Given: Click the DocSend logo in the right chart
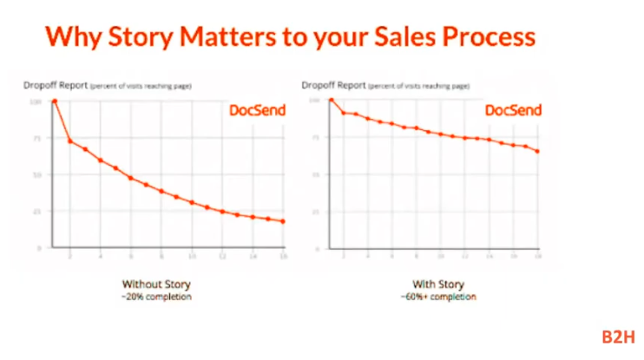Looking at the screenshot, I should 513,111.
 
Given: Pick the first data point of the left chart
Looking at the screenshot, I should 55,101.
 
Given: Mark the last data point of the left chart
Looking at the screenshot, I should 283,221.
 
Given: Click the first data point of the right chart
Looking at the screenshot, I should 331,101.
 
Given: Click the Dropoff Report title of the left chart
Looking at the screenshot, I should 53,86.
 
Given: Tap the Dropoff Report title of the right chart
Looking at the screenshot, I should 329,86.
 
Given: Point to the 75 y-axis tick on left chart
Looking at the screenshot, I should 37,137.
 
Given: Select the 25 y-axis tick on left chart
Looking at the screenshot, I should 37,211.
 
